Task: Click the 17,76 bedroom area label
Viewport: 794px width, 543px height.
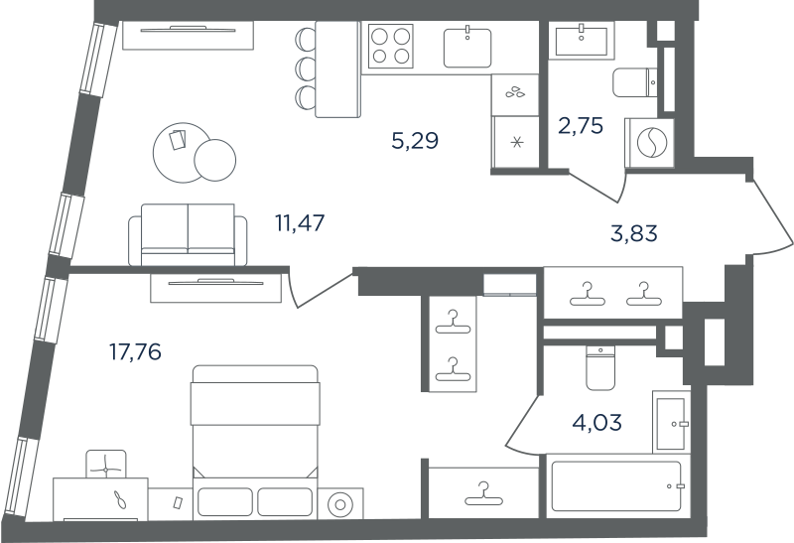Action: pyautogui.click(x=135, y=351)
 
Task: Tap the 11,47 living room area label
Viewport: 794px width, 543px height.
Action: pyautogui.click(x=300, y=223)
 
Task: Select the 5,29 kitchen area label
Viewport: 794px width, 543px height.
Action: pyautogui.click(x=415, y=140)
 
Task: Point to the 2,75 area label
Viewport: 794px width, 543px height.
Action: pyautogui.click(x=581, y=126)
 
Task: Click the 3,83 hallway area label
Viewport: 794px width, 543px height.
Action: pyautogui.click(x=634, y=233)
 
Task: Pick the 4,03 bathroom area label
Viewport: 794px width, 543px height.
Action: pyautogui.click(x=597, y=422)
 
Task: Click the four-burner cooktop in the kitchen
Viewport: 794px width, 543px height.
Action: pyautogui.click(x=390, y=46)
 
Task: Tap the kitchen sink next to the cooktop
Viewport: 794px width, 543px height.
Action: pyautogui.click(x=467, y=48)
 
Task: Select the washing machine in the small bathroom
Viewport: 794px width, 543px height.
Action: pyautogui.click(x=650, y=143)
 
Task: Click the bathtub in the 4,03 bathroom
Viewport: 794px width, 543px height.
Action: pyautogui.click(x=616, y=486)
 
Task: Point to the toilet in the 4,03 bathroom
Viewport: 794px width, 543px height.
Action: pyautogui.click(x=600, y=367)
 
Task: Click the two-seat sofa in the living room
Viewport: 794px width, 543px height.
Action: pyautogui.click(x=188, y=234)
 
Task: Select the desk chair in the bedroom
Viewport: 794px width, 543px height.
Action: pyautogui.click(x=106, y=465)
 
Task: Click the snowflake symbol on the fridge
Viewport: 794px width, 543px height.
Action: pyautogui.click(x=516, y=142)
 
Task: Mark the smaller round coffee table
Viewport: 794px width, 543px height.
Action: pyautogui.click(x=214, y=160)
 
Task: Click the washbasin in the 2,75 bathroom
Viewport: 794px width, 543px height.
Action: pyautogui.click(x=582, y=41)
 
